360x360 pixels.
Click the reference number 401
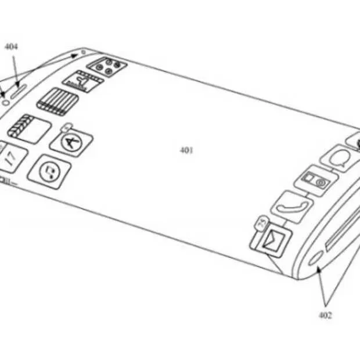tap(186, 150)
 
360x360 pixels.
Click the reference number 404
tap(11, 46)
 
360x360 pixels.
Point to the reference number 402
tap(325, 315)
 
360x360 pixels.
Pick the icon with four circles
tap(107, 65)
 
